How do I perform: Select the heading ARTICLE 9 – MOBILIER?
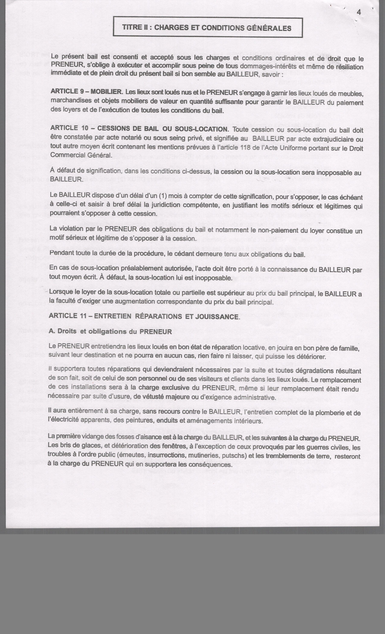click(x=87, y=91)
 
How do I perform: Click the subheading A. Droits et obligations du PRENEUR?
click(x=110, y=331)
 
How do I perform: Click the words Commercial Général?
click(x=81, y=155)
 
